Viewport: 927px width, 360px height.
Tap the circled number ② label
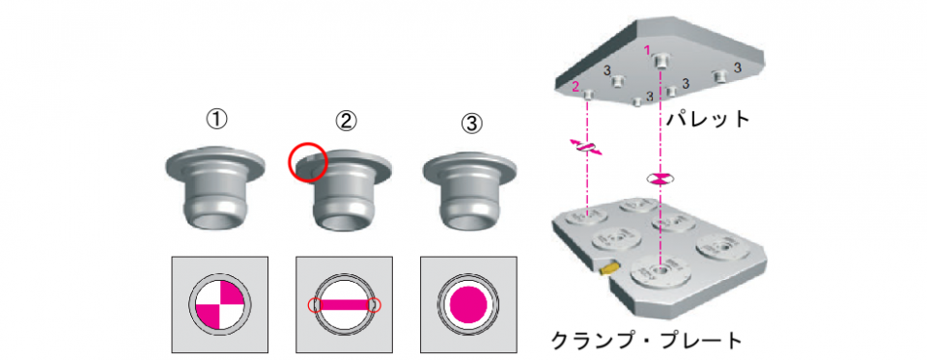point(346,121)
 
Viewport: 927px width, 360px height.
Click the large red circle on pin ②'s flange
point(307,161)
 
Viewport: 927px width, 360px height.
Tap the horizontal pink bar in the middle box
point(345,305)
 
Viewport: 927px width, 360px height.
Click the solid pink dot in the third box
point(469,304)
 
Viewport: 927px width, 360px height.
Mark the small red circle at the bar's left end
point(315,305)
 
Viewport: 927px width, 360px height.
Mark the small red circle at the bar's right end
point(375,305)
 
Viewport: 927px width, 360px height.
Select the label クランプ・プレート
point(646,341)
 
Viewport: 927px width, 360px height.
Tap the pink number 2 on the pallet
point(576,87)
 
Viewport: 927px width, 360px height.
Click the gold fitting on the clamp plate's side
point(607,269)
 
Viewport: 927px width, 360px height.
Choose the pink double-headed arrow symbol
point(586,148)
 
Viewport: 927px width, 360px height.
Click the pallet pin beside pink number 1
point(661,60)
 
